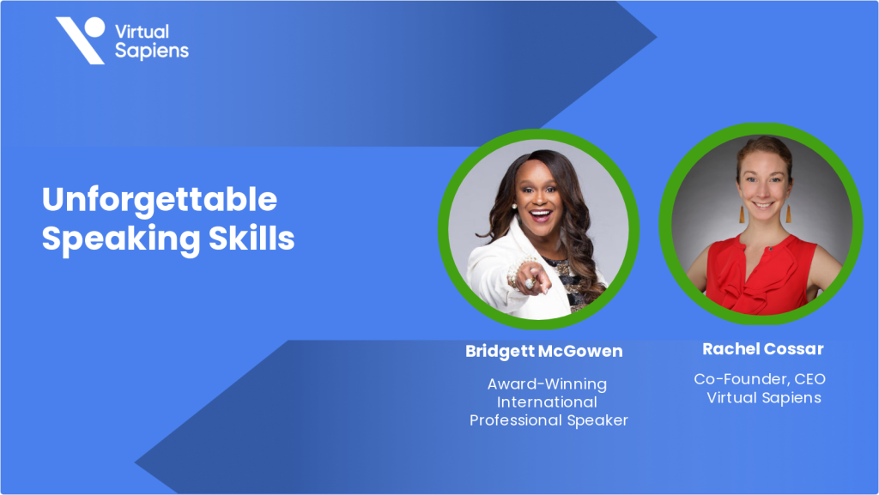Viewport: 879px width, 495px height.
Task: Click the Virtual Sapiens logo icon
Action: (81, 39)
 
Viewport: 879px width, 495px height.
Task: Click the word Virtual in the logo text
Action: (142, 31)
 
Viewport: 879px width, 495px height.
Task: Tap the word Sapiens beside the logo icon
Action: (151, 51)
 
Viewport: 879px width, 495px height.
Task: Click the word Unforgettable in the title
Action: (160, 200)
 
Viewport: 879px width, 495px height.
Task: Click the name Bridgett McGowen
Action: (543, 351)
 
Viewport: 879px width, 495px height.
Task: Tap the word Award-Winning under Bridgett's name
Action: (547, 383)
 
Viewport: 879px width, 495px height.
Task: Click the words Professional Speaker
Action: (549, 420)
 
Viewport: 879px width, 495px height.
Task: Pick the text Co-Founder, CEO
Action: (760, 378)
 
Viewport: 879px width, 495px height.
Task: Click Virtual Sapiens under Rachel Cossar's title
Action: (763, 397)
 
